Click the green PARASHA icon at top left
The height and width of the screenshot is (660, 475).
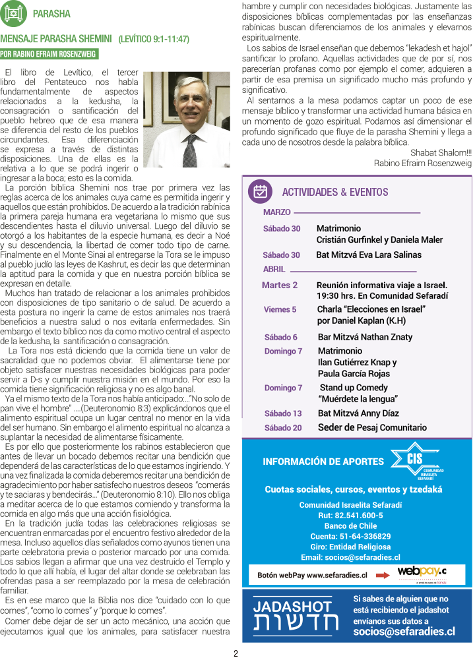click(x=14, y=13)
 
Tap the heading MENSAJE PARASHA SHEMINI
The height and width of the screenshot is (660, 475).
click(x=57, y=39)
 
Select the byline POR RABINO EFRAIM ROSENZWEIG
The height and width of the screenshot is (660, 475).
click(x=48, y=54)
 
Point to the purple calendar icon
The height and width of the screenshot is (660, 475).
click(x=261, y=191)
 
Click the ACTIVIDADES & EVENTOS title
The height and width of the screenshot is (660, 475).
click(x=335, y=192)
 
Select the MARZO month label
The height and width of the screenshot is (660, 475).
click(x=277, y=212)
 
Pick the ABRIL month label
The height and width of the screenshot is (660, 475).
click(x=274, y=270)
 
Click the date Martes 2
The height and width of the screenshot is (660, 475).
click(x=280, y=285)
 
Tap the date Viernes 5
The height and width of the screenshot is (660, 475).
click(x=280, y=309)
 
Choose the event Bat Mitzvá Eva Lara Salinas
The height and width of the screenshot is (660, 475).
click(x=369, y=255)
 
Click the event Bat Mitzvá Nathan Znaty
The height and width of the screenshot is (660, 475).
click(x=365, y=337)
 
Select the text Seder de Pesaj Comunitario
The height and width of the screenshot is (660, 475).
click(x=372, y=427)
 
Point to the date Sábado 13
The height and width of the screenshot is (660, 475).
click(x=283, y=413)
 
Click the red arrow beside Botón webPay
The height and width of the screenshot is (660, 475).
click(x=383, y=575)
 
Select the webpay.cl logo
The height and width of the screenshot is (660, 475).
click(x=422, y=572)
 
